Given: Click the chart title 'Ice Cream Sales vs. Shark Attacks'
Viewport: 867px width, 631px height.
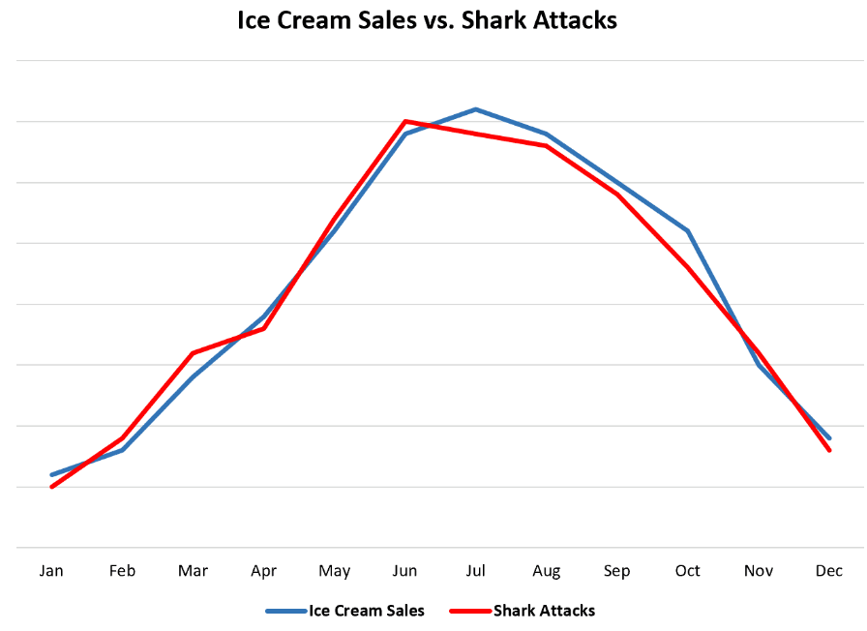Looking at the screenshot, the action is tap(427, 20).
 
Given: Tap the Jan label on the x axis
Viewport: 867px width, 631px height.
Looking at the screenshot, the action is tap(51, 570).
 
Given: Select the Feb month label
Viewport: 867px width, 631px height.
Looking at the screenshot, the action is tap(122, 570).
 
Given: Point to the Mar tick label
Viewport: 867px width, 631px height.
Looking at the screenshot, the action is tap(193, 570).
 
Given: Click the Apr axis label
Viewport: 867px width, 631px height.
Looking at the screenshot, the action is tap(264, 571).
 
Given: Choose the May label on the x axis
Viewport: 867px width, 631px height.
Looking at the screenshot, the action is tap(335, 571).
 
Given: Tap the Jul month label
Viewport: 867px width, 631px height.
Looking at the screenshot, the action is tap(475, 570).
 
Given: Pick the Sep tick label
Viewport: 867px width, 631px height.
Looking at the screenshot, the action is tap(617, 571).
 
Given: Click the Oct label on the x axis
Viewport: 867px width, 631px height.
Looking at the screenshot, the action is tap(688, 570).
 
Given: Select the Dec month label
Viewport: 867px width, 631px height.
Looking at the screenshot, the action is tap(829, 570).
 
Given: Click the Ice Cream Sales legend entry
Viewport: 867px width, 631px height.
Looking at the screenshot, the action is tap(345, 611).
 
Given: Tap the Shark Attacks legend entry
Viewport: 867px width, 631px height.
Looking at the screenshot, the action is tap(523, 611).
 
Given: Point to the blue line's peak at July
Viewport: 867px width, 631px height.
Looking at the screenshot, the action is tap(475, 109).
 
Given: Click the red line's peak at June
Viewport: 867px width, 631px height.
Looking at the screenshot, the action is tap(405, 121).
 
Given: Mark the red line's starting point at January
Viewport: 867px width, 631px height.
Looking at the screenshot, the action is tap(52, 487).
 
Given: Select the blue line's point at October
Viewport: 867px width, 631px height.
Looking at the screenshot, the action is tap(688, 230).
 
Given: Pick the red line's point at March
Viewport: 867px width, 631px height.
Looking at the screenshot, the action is tap(193, 353).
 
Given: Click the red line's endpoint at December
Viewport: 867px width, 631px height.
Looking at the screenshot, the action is tap(829, 450).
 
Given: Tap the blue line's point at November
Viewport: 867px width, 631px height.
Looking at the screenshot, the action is tap(759, 365).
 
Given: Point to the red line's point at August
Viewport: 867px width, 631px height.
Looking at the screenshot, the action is tap(547, 145).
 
